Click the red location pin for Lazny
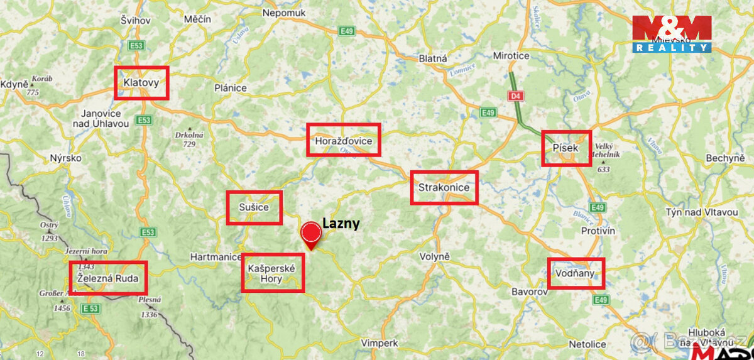click(311, 234)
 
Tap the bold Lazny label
click(341, 223)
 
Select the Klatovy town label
click(141, 82)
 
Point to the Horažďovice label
click(344, 140)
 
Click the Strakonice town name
click(444, 187)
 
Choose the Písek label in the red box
click(565, 147)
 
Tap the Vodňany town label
click(575, 273)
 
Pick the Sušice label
click(254, 207)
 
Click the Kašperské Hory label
click(272, 273)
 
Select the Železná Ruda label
click(108, 277)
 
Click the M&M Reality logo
click(672, 34)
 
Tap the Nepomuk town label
click(283, 13)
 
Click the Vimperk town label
click(380, 343)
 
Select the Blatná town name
click(433, 58)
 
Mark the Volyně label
click(435, 256)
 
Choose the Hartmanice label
click(216, 256)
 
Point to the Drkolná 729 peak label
click(189, 139)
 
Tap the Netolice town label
click(587, 344)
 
